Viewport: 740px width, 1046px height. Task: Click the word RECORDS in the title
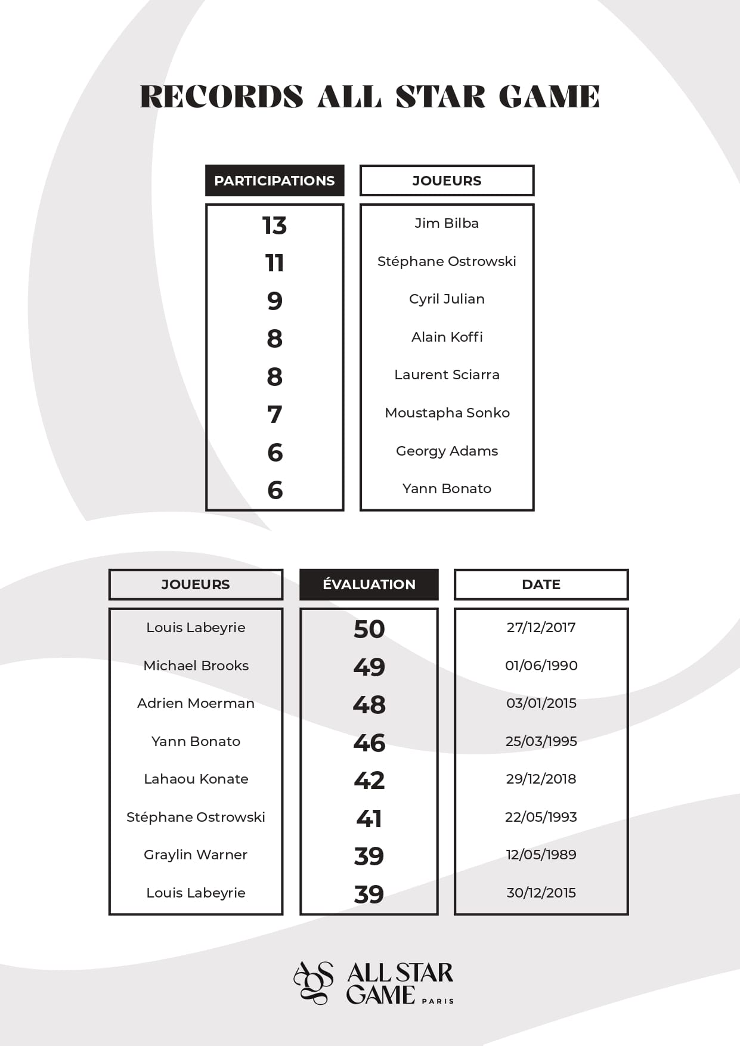[221, 97]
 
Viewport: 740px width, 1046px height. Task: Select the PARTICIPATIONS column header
[274, 181]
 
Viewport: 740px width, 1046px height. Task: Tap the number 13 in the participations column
[274, 225]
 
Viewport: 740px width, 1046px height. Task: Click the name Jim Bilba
[447, 223]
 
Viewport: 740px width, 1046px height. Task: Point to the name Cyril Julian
[447, 299]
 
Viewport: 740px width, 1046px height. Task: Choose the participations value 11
[274, 263]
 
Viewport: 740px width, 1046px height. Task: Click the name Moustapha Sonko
[447, 413]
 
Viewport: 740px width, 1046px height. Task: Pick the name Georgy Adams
[447, 451]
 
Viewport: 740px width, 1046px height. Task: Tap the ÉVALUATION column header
[369, 584]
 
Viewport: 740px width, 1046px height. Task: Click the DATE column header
[541, 584]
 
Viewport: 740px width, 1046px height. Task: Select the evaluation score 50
[369, 629]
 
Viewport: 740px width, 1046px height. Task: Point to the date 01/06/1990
[541, 666]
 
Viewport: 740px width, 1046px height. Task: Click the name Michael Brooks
[196, 666]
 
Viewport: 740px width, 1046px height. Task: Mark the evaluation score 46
[369, 742]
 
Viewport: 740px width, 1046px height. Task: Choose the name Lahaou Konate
[196, 779]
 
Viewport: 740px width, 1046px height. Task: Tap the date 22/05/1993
[541, 817]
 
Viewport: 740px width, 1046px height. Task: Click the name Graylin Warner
[196, 855]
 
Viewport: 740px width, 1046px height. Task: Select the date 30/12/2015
[541, 893]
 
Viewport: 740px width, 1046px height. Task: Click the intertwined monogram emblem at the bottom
[314, 982]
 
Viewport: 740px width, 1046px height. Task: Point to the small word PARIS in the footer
[438, 1001]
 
